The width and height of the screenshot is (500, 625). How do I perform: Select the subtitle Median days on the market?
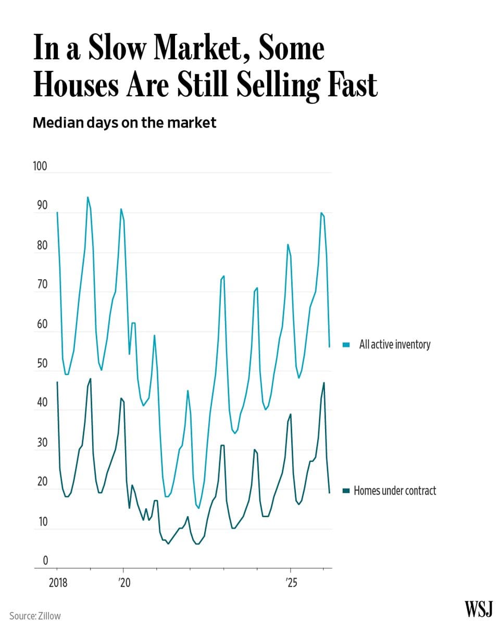(x=124, y=123)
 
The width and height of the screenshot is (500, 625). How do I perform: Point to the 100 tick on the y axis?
(x=40, y=167)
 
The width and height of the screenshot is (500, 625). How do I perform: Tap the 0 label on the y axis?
(x=45, y=561)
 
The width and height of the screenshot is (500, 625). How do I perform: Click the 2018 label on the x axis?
(x=58, y=583)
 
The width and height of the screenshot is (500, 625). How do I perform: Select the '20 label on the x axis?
(x=123, y=583)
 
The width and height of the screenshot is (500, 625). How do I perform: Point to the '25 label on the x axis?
(x=290, y=583)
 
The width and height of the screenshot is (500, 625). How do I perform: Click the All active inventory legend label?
(x=394, y=344)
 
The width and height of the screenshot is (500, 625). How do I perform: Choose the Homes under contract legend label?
(x=394, y=491)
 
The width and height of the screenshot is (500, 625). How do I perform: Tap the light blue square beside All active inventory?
(x=346, y=345)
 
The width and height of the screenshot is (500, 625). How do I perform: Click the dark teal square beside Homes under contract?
(x=346, y=491)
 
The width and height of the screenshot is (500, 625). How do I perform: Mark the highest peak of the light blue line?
(x=87, y=197)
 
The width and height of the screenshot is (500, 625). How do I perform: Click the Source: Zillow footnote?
(x=35, y=616)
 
